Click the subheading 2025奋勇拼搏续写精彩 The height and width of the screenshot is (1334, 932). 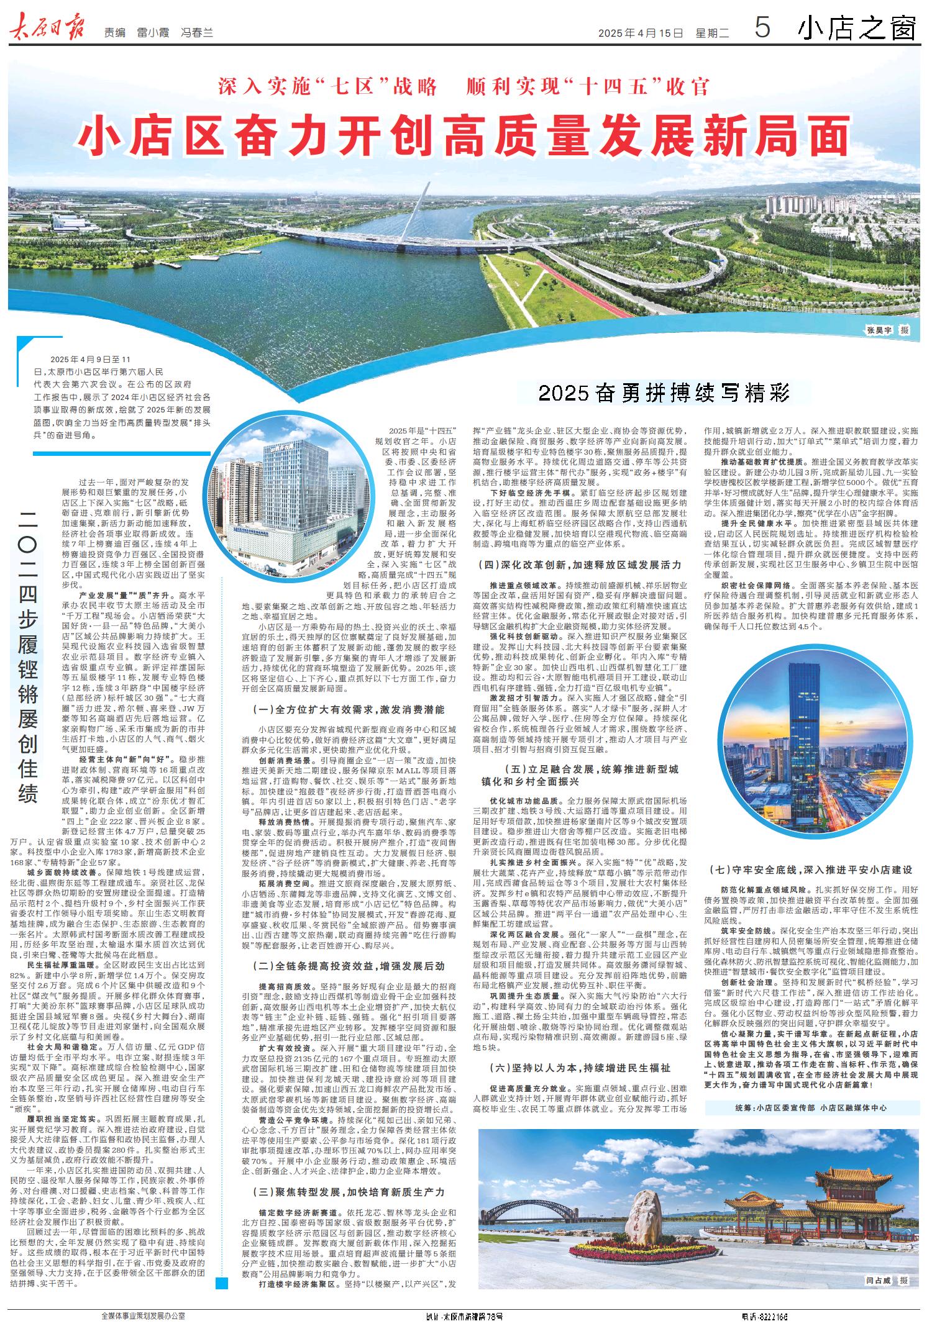click(664, 393)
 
